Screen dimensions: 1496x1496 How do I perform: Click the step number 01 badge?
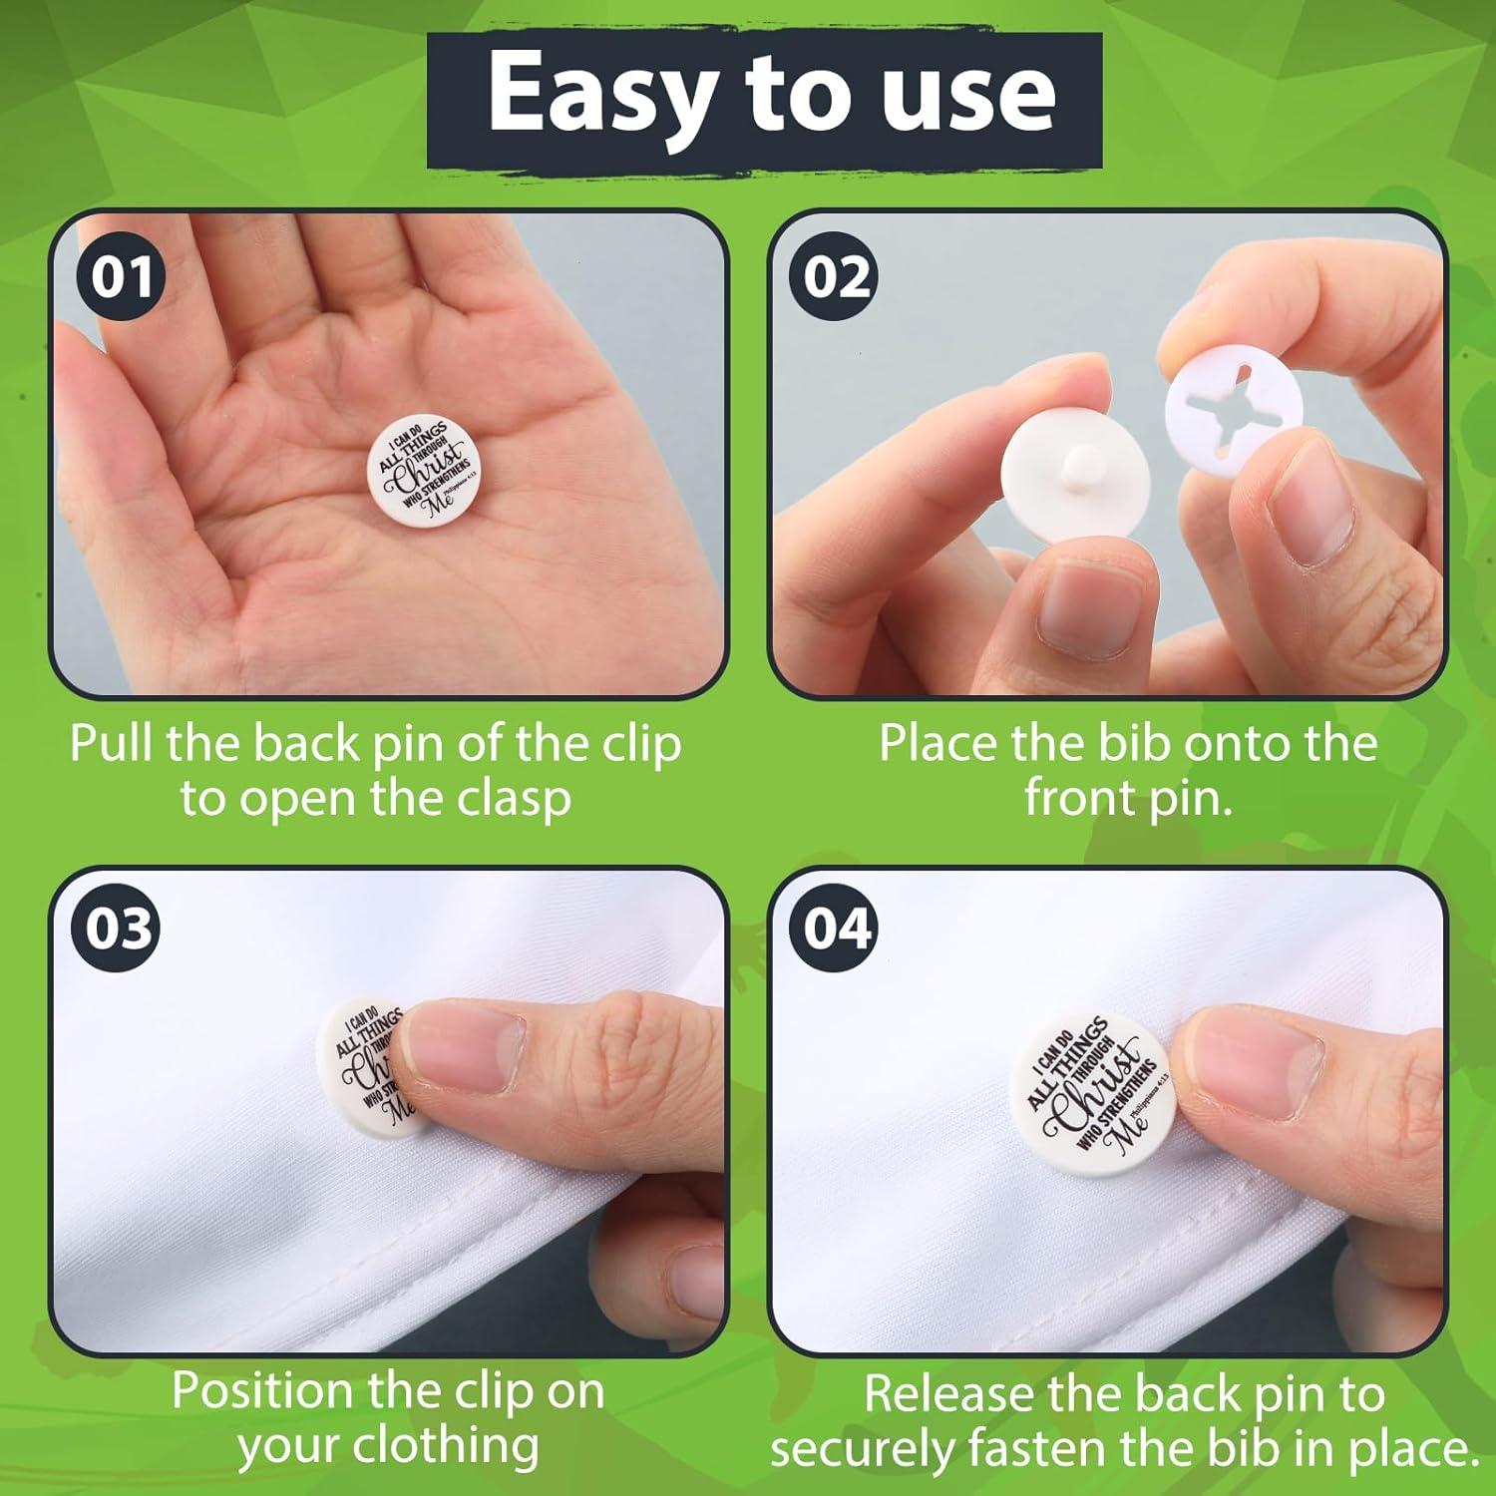point(121,276)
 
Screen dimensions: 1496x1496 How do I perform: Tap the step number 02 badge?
point(837,276)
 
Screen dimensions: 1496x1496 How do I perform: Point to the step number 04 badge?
point(837,928)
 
